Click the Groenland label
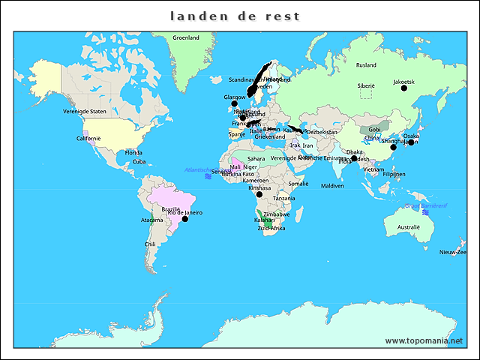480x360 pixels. [186, 37]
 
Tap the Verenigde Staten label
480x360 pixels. [85, 111]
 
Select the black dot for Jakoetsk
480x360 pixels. [404, 88]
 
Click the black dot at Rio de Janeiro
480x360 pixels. [184, 219]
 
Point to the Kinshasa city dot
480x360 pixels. [259, 194]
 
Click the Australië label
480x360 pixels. [409, 227]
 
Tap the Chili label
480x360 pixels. [151, 244]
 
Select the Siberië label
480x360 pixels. [366, 86]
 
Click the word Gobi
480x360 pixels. [374, 130]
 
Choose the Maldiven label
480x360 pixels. [332, 185]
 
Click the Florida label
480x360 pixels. [134, 152]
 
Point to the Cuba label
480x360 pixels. [139, 161]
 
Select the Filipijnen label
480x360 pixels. [394, 174]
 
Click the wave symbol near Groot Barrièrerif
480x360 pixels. [425, 212]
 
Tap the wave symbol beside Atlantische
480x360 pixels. [208, 176]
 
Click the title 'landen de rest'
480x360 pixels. [235, 16]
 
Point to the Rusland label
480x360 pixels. [366, 65]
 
